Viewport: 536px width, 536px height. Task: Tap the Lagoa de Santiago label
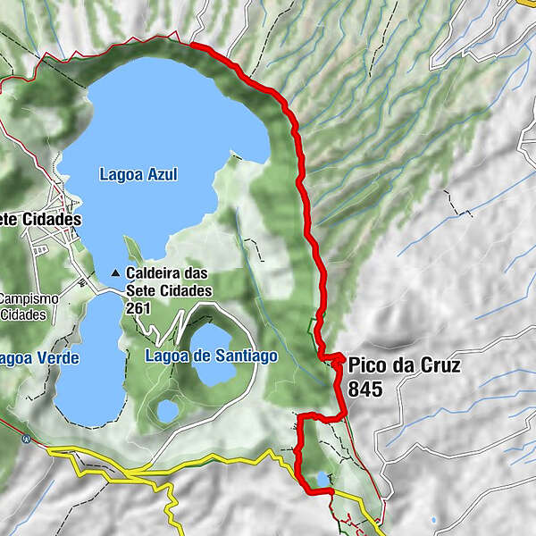[211, 356]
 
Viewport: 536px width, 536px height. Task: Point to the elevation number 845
[366, 389]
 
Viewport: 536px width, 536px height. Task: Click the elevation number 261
[138, 307]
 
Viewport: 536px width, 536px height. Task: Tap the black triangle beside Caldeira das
[116, 273]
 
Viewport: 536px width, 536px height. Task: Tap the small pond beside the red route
[320, 480]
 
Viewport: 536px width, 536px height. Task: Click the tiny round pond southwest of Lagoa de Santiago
[166, 410]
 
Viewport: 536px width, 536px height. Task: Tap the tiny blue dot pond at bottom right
[433, 520]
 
